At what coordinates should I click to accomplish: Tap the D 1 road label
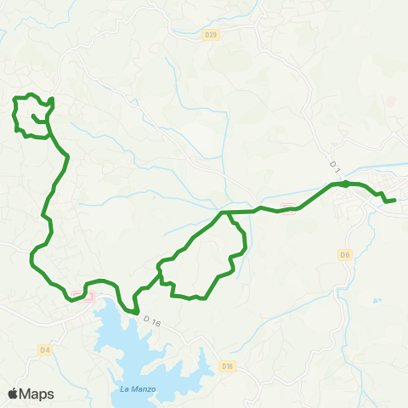coord(334,165)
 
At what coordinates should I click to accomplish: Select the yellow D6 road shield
coord(344,254)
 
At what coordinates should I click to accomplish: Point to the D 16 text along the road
coord(152,321)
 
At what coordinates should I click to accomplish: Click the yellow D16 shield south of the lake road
coord(227,366)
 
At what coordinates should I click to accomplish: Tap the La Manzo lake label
coord(126,390)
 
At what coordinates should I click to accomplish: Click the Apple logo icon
coord(14,394)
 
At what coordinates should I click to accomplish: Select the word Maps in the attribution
coord(37,394)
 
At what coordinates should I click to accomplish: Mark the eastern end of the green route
coord(394,200)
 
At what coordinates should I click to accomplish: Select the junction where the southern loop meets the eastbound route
coord(225,212)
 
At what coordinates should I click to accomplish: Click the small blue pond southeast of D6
coord(376,300)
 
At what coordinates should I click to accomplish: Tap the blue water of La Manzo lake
coord(136,340)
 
